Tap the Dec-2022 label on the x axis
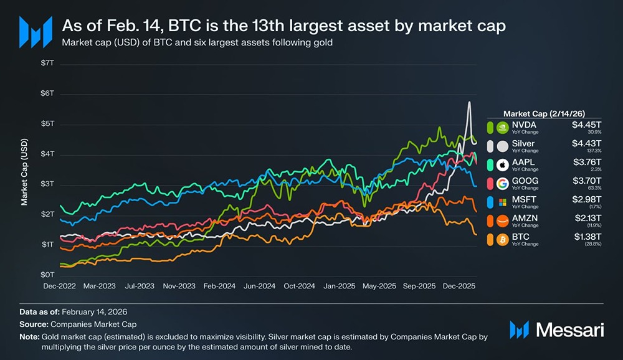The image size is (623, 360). [60, 287]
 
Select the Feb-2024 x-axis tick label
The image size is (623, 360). [219, 287]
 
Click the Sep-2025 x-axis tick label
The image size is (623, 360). [419, 287]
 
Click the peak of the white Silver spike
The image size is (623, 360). [469, 102]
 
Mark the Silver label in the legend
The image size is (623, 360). [523, 143]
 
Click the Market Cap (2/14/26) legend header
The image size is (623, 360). [543, 113]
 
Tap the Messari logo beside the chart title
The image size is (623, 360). [36, 32]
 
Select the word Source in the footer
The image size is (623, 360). [34, 324]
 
